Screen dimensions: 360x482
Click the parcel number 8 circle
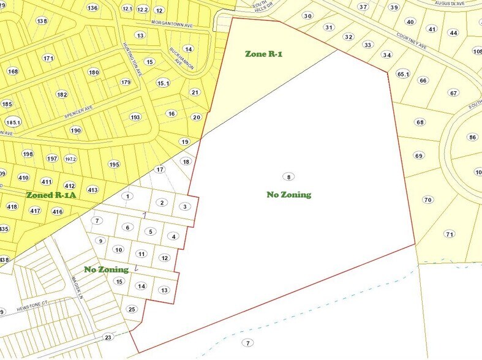tap(288, 177)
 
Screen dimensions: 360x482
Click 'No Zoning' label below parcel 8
tap(288, 195)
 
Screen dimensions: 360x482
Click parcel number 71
tap(450, 234)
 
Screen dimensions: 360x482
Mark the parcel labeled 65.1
tap(402, 74)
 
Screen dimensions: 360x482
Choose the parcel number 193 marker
tap(135, 117)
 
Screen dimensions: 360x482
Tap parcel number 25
tap(132, 309)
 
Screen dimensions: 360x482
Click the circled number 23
tap(108, 337)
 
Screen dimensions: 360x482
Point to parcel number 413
tap(92, 190)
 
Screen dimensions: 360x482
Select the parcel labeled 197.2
tap(71, 159)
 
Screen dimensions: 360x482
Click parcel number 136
tap(92, 8)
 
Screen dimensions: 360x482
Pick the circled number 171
tap(48, 58)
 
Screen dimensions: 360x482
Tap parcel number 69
tap(418, 156)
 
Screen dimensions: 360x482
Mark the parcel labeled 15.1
tap(162, 83)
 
